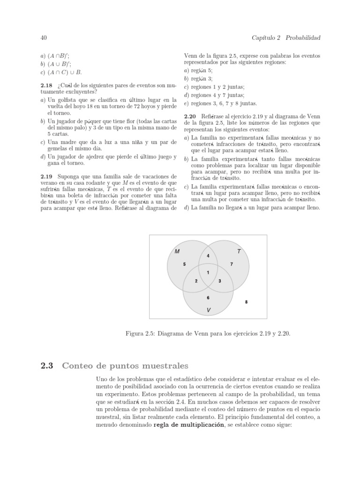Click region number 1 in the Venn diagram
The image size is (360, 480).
pos(208,272)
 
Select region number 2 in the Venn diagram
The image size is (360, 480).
pos(196,281)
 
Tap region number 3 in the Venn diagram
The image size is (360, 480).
pos(220,281)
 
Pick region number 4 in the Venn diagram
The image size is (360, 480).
pos(208,255)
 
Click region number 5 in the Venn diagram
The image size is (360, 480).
pos(184,264)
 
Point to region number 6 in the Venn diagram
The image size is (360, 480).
pos(208,298)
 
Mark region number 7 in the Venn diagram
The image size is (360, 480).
pos(232,264)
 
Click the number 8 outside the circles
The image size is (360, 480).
pos(247,302)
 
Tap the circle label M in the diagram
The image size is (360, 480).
pos(177,251)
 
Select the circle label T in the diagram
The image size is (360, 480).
pos(239,251)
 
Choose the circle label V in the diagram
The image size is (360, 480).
pos(209,310)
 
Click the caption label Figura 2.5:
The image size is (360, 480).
pos(141,334)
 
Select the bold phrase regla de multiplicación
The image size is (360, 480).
pos(188,425)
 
